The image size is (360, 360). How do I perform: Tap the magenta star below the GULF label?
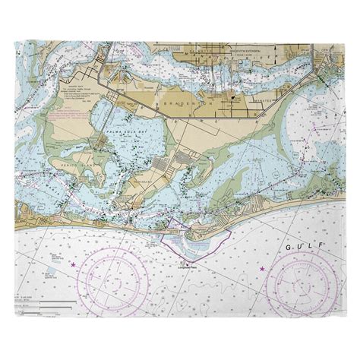pyautogui.click(x=262, y=270)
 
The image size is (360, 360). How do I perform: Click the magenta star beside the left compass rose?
pyautogui.click(x=73, y=265)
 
